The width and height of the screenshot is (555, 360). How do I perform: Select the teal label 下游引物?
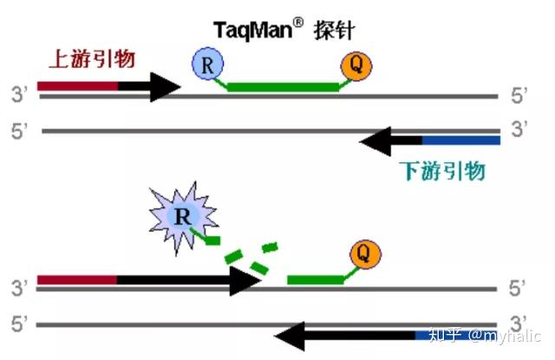tap(442, 170)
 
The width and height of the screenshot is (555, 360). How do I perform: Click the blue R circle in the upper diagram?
tap(207, 64)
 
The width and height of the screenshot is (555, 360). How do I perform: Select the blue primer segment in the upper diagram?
tap(461, 140)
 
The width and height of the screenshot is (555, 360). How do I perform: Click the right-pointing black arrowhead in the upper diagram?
tap(165, 86)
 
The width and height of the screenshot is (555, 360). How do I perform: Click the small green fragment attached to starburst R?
tap(212, 239)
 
